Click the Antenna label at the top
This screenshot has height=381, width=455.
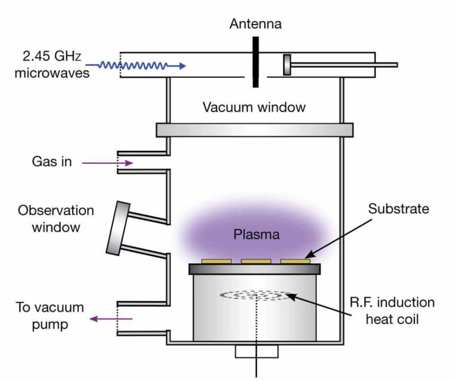(255, 23)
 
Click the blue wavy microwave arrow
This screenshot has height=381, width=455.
(142, 66)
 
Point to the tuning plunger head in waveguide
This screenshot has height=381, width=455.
(287, 65)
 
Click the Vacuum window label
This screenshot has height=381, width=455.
(254, 107)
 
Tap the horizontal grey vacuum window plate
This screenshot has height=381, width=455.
(254, 130)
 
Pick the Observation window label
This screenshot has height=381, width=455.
(56, 219)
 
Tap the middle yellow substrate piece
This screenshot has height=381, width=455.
(256, 262)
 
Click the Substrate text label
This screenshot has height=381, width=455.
(398, 209)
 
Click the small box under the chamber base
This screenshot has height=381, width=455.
(256, 351)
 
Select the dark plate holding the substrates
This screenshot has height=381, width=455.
(254, 269)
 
